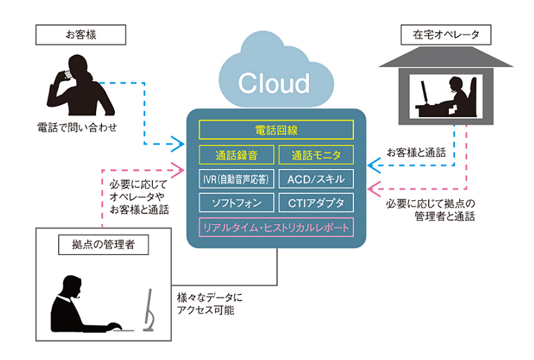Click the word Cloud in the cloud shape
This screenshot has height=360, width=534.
click(274, 83)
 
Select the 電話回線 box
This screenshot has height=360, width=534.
click(276, 129)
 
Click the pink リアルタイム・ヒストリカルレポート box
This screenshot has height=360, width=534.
click(276, 227)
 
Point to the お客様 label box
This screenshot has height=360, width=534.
click(81, 33)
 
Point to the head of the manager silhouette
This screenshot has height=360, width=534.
click(71, 285)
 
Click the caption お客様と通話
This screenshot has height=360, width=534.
click(416, 152)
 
